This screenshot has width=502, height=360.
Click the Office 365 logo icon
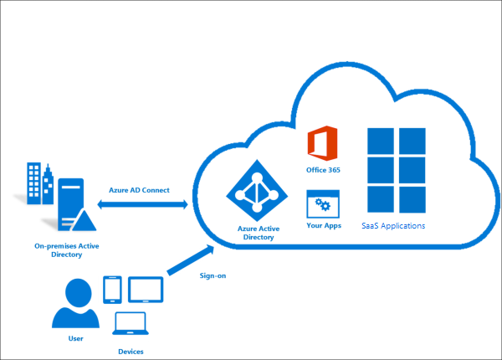pyautogui.click(x=322, y=143)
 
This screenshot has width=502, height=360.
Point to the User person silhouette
pyautogui.click(x=74, y=304)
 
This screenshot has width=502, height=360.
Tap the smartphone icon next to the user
pyautogui.click(x=113, y=289)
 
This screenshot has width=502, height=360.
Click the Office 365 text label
pyautogui.click(x=322, y=170)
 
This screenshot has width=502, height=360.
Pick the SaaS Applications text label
pyautogui.click(x=393, y=226)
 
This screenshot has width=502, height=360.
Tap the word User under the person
pyautogui.click(x=75, y=339)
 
